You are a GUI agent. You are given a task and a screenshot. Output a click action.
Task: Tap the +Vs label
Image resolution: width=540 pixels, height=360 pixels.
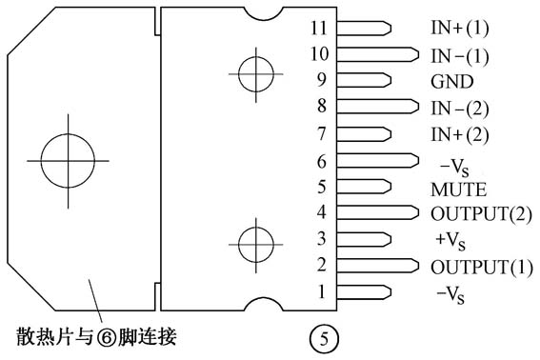[x=450, y=238]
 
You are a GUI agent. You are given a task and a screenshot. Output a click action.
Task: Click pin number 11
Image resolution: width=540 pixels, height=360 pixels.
[x=318, y=27]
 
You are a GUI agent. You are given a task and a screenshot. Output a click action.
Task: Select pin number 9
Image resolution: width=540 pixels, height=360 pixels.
[x=321, y=80]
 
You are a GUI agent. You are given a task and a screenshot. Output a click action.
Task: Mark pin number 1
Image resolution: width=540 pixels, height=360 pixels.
[x=321, y=291]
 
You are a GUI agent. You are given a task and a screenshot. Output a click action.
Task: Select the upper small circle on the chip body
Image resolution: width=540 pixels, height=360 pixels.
[x=255, y=73]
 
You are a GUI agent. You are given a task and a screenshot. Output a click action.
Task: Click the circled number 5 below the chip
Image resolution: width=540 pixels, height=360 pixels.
[x=322, y=337]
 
